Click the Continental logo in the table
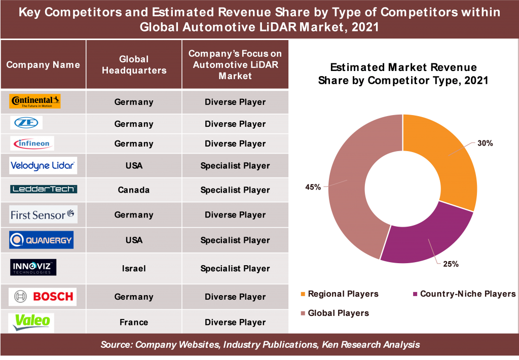[x=35, y=101]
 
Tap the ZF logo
[x=26, y=123]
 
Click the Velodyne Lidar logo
[x=43, y=165]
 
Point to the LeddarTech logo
[x=44, y=189]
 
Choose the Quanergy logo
[x=41, y=240]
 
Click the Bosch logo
[x=43, y=297]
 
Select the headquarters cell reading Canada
[x=134, y=190]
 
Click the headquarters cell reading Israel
[x=134, y=268]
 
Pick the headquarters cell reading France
[x=134, y=322]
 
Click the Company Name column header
[x=43, y=65]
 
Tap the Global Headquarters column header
[x=134, y=65]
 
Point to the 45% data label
[x=313, y=187]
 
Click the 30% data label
[x=485, y=143]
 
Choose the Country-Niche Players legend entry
[x=467, y=294]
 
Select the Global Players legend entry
[x=338, y=313]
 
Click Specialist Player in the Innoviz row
[x=235, y=268]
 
